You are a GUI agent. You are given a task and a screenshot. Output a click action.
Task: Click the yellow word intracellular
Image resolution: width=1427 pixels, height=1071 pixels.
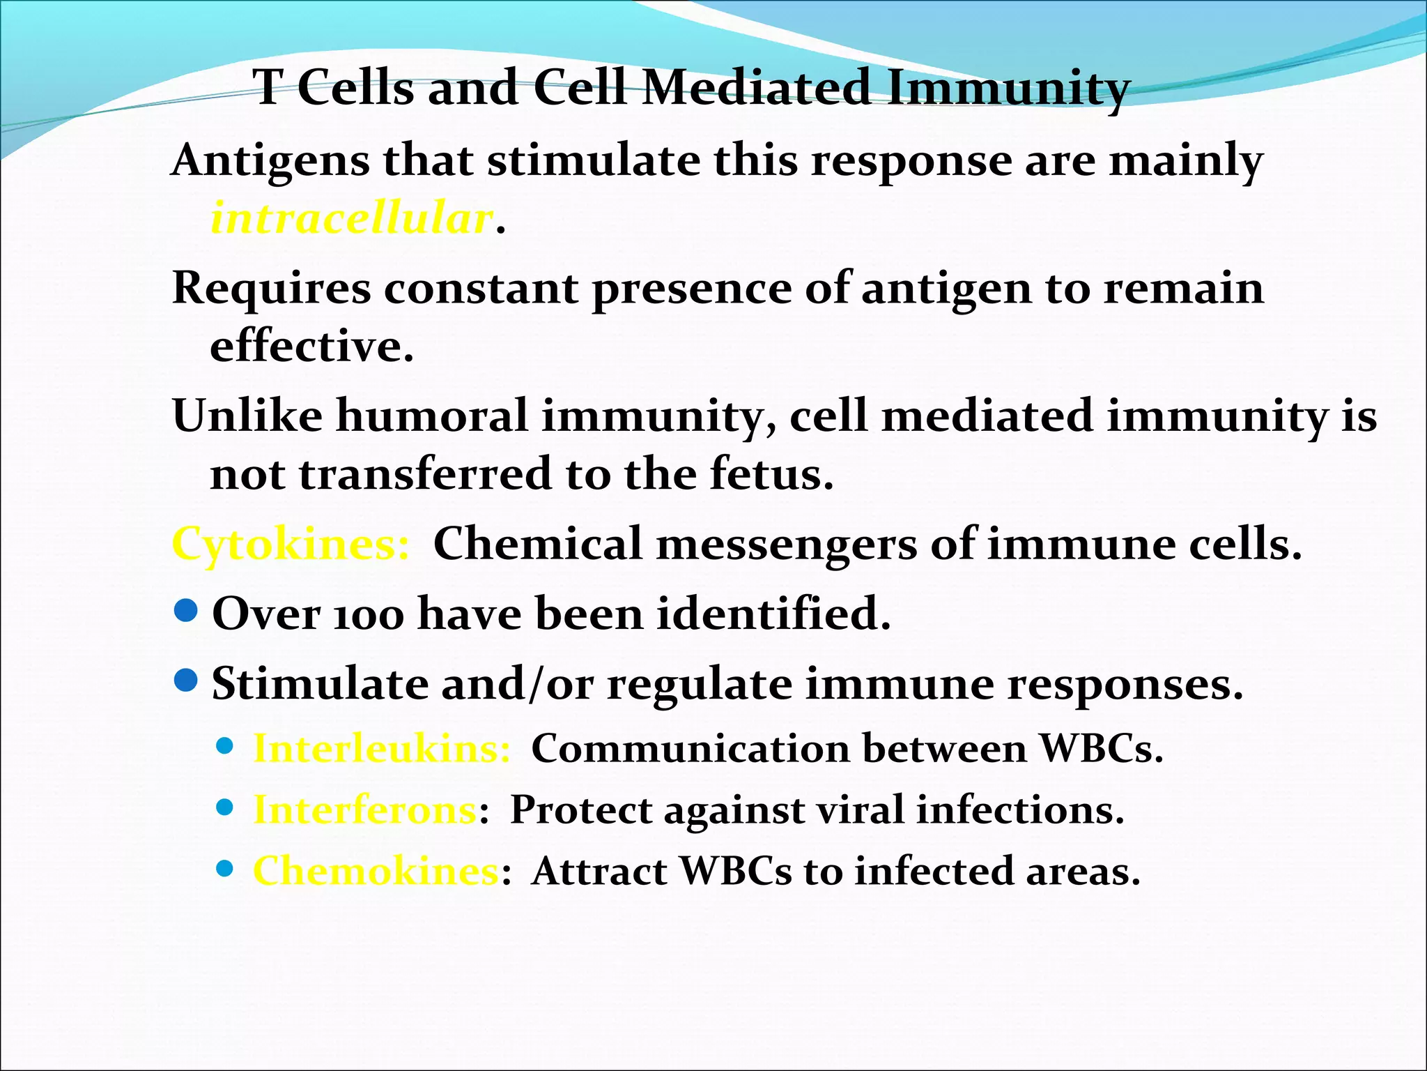click(x=352, y=219)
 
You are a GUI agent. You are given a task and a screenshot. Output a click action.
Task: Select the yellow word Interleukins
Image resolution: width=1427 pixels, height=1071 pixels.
click(x=382, y=750)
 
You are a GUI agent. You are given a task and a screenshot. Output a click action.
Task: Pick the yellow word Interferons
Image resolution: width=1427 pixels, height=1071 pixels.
click(x=364, y=811)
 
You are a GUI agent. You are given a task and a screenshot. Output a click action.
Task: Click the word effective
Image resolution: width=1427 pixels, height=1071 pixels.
click(x=311, y=347)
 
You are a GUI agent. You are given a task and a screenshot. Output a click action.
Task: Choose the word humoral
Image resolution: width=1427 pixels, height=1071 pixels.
click(x=432, y=416)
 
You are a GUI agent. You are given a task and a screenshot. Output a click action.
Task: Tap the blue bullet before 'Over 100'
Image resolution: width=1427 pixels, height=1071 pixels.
click(x=186, y=612)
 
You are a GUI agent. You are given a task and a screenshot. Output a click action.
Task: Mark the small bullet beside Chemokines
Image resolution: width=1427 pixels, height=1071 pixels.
click(x=224, y=869)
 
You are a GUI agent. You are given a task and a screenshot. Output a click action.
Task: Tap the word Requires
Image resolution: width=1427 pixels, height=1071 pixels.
click(x=271, y=289)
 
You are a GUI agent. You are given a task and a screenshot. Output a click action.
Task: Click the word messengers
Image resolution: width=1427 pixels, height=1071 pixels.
click(x=787, y=545)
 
